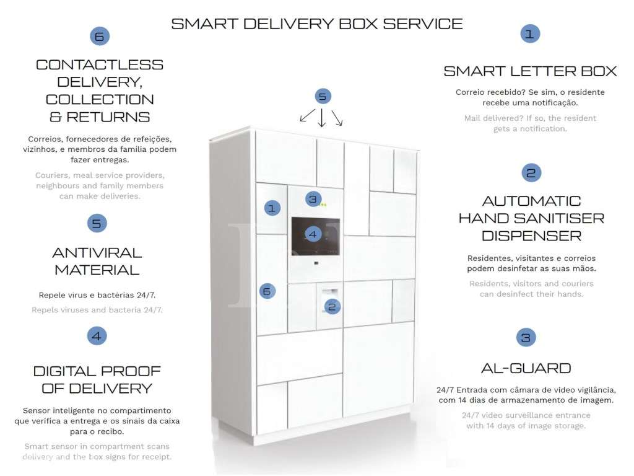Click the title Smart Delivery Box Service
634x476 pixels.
[x=316, y=24]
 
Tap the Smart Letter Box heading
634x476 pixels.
[x=530, y=71]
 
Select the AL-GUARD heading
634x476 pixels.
[x=526, y=368]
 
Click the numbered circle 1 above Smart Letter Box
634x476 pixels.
[x=530, y=33]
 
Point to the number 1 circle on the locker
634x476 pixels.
[x=272, y=208]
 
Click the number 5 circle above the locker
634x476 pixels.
[x=323, y=96]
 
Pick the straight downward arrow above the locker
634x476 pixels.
[x=322, y=118]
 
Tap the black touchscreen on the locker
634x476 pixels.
[x=315, y=236]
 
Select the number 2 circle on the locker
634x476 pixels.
[x=332, y=307]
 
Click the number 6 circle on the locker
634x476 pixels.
[x=267, y=291]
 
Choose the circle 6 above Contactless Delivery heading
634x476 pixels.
[x=100, y=37]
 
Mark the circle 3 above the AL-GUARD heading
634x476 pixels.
[x=526, y=337]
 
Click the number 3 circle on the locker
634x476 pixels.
[x=313, y=199]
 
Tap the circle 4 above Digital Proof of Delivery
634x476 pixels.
[x=97, y=336]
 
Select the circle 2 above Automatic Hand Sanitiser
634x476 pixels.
[x=531, y=173]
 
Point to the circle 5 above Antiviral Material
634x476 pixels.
[x=97, y=223]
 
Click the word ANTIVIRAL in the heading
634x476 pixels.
[x=97, y=253]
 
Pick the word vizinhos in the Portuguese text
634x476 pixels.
[x=39, y=149]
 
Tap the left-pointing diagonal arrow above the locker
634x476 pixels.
[x=308, y=115]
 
